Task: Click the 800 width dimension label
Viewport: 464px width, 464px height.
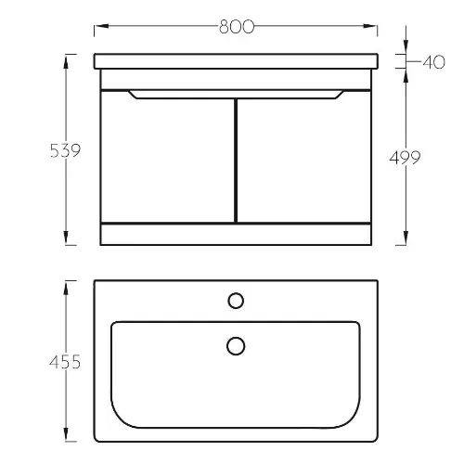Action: pos(237,27)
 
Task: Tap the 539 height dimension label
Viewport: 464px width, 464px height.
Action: pos(65,150)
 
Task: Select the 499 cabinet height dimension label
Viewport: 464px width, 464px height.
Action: pos(405,158)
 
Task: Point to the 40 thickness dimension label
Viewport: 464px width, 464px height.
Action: pos(433,62)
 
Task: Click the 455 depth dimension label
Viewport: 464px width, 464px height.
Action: pos(65,362)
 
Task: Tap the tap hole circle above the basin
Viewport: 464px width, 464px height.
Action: pos(236,301)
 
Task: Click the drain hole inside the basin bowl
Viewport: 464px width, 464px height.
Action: pos(236,346)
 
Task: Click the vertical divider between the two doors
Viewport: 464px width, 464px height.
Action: pos(236,161)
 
